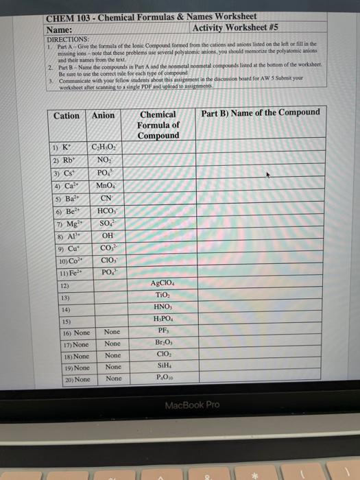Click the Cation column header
67,116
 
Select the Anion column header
104,116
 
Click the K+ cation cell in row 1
63,147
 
